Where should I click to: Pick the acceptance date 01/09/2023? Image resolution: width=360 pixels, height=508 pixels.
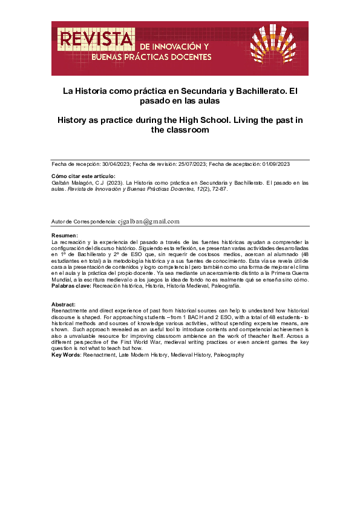[276, 164]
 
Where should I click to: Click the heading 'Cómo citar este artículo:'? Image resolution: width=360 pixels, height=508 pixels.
[83, 176]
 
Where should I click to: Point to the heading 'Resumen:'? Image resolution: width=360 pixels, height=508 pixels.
[64, 235]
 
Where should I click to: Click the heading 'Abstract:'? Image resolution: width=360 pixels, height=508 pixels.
[64, 304]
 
